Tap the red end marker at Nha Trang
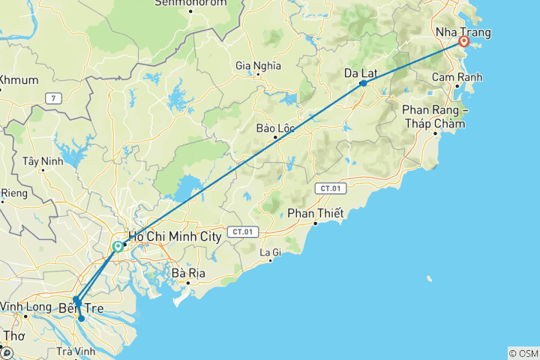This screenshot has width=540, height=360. tap(464, 42)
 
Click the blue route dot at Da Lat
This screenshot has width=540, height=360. tap(363, 83)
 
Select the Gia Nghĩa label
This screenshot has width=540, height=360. tap(258, 65)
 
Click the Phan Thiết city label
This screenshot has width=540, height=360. tap(316, 214)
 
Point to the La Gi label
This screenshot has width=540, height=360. tap(270, 252)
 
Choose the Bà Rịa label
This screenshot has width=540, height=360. tap(188, 273)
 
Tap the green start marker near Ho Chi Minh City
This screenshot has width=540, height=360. tap(118, 247)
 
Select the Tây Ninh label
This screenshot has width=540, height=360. tap(40, 161)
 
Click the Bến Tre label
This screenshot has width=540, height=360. tap(80, 308)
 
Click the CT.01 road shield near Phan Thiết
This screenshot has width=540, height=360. tap(329, 187)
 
